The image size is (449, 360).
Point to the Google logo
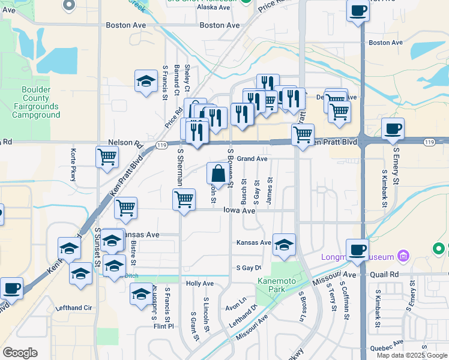[20, 353]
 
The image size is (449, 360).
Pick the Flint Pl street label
[163, 327]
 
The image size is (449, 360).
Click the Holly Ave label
[200, 283]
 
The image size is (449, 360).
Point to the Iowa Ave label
[240, 211]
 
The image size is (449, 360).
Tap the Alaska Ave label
[214, 8]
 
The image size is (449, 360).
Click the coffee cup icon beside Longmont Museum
[357, 249]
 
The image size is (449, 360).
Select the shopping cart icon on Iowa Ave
[184, 199]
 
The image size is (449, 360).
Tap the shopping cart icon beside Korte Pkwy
[107, 157]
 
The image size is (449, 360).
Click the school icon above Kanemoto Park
[284, 244]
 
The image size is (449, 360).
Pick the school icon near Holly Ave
[141, 293]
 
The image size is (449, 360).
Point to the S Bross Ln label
[303, 307]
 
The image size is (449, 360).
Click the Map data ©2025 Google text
[412, 355]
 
